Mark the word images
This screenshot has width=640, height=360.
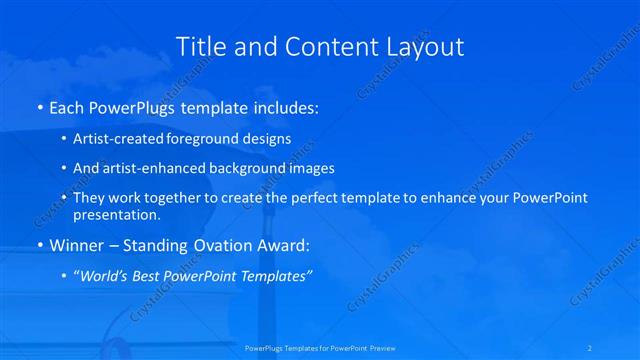(x=312, y=168)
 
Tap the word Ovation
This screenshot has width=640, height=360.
(x=209, y=245)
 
